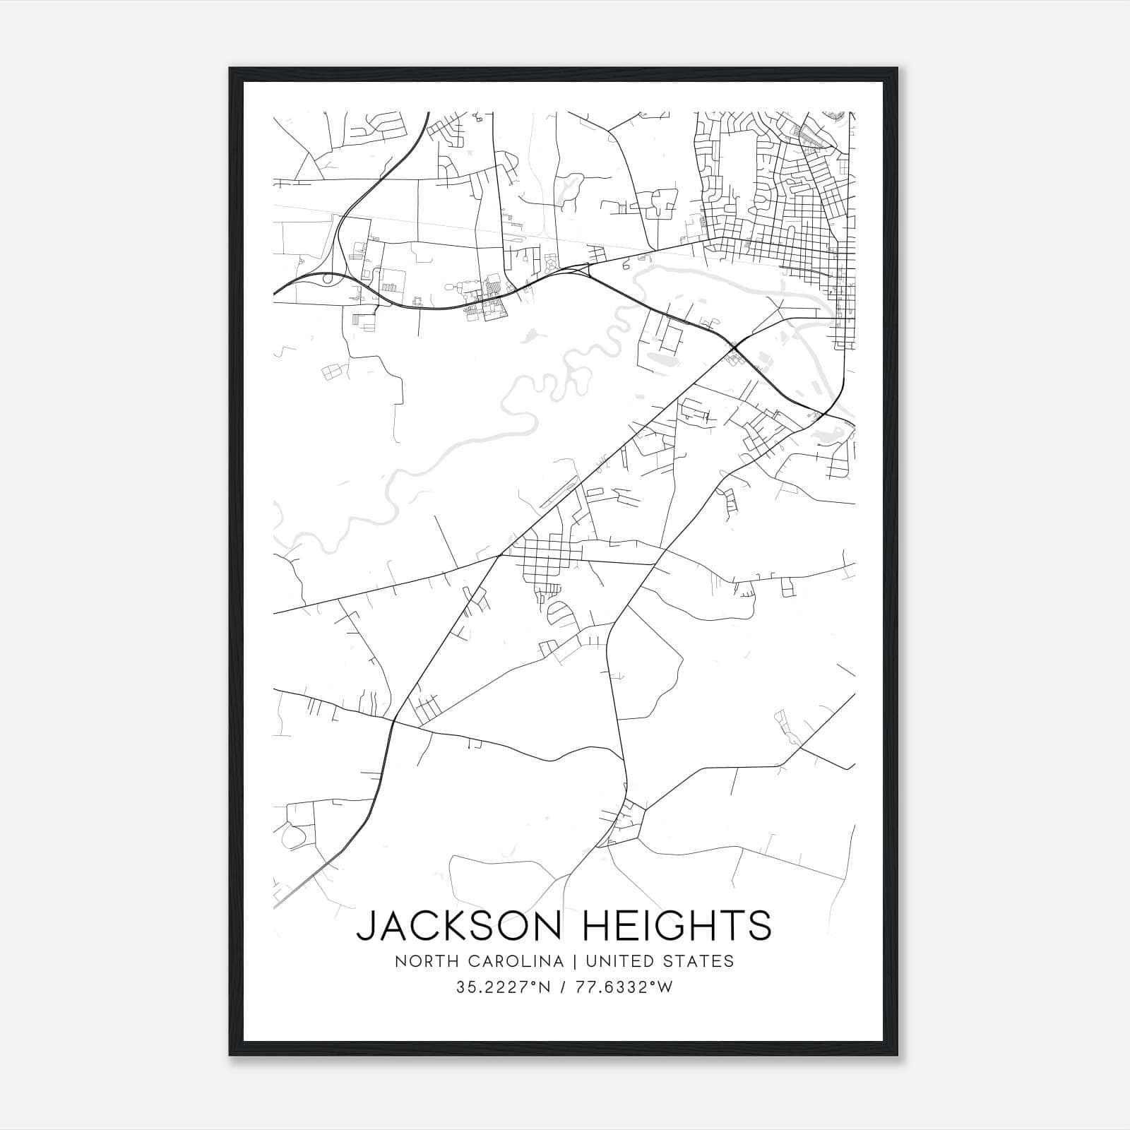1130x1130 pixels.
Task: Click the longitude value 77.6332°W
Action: [623, 987]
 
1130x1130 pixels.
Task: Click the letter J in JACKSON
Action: [366, 926]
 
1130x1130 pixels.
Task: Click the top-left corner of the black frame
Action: [230, 69]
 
